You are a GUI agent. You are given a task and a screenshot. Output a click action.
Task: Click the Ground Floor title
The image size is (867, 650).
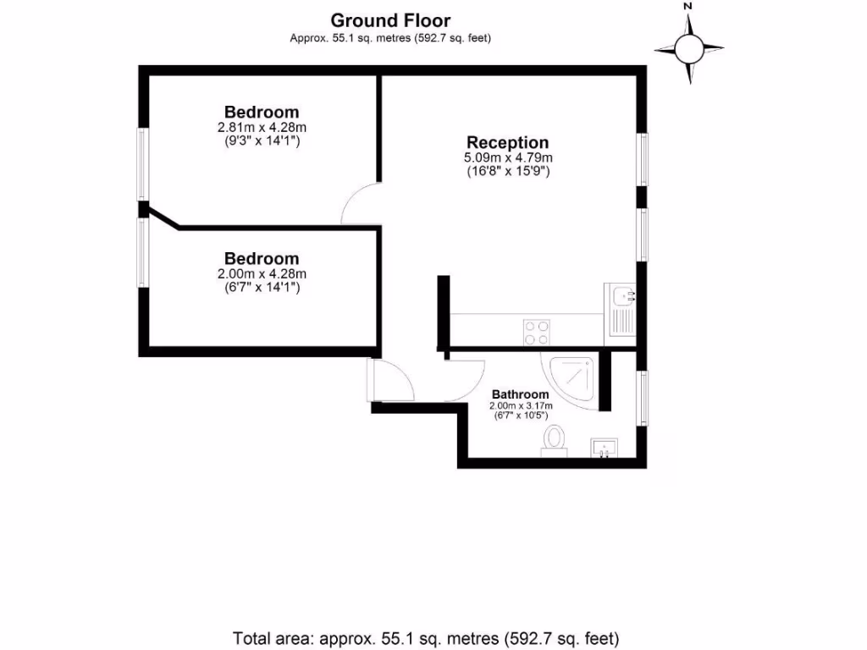click(x=390, y=20)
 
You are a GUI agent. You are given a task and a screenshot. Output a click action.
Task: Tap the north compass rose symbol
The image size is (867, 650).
click(x=689, y=48)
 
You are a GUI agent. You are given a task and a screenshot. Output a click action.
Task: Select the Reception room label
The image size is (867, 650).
click(x=508, y=143)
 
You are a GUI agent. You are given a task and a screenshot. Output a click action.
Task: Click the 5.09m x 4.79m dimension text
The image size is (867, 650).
click(x=508, y=157)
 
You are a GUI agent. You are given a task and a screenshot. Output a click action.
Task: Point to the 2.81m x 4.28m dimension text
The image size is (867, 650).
click(x=262, y=127)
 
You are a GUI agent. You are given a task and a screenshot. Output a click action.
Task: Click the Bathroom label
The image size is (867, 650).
click(x=520, y=394)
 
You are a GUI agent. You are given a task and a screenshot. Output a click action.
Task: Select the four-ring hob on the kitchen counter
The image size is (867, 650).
click(x=535, y=331)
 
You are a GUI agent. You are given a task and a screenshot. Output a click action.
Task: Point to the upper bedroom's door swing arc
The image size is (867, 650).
click(x=361, y=205)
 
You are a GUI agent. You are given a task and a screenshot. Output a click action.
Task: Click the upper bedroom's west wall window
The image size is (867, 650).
click(x=143, y=164)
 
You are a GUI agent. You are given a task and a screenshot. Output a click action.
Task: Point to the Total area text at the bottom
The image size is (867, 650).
click(x=427, y=637)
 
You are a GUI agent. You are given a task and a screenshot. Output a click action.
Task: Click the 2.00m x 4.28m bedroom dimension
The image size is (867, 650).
click(x=262, y=273)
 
